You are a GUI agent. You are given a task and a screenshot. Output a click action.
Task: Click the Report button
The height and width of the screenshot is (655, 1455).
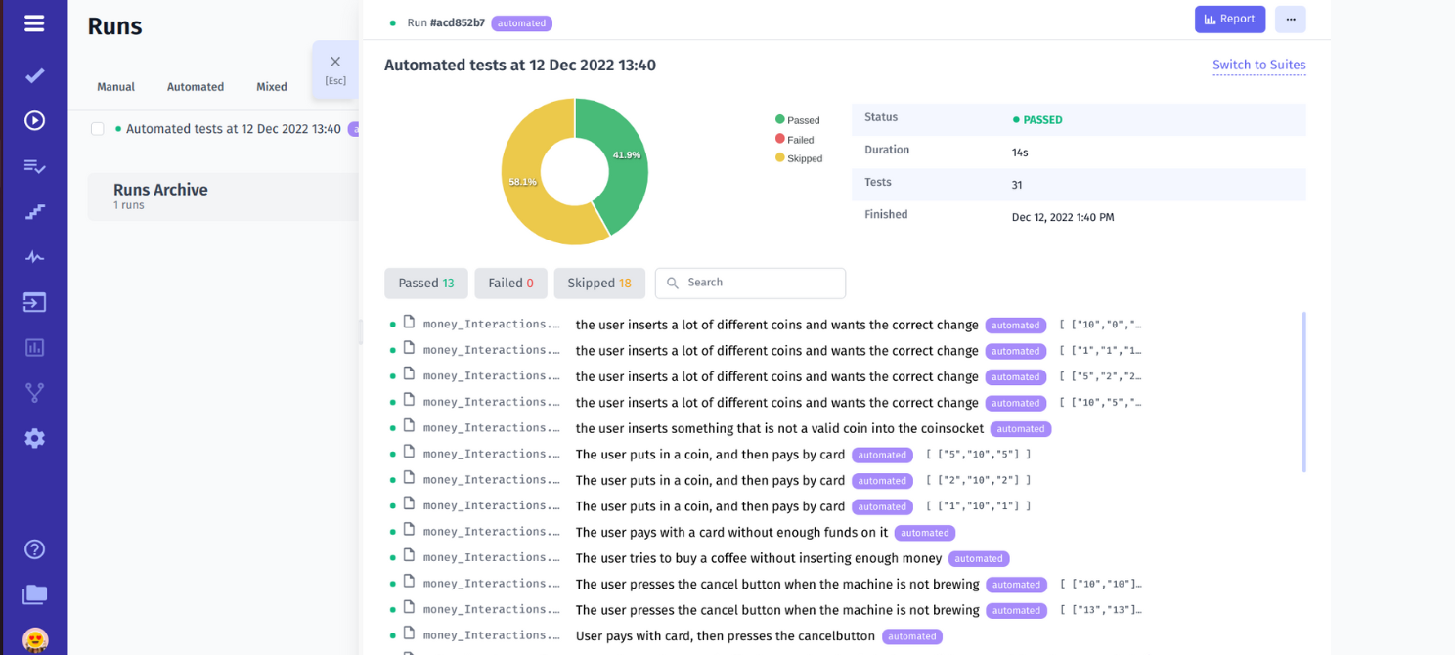pos(1229,20)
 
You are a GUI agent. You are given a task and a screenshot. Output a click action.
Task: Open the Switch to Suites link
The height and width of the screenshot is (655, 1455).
pos(1258,65)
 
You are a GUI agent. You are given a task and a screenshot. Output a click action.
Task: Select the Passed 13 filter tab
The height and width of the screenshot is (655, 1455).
pos(425,284)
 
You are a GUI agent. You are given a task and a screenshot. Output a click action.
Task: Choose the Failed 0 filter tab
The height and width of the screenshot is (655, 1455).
pos(510,284)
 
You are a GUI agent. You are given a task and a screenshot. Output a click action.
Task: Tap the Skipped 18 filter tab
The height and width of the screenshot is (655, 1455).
pos(598,284)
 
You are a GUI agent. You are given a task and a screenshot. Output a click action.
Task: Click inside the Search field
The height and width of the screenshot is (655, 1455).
pos(758,284)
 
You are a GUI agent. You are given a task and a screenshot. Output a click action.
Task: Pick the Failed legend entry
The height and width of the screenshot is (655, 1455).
pos(800,140)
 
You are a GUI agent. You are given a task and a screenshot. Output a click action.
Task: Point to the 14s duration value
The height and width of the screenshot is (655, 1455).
pos(1020,153)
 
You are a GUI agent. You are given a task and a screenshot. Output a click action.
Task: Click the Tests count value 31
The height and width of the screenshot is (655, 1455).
pos(1017,185)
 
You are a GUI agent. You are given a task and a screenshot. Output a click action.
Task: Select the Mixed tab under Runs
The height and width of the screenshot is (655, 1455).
pos(272,87)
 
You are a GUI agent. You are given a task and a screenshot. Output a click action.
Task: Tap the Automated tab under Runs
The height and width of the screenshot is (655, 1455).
pos(196,87)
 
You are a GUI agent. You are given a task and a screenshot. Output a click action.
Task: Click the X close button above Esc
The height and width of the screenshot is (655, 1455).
pos(335,63)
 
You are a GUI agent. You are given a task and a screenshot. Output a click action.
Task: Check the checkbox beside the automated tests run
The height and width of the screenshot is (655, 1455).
pos(98,129)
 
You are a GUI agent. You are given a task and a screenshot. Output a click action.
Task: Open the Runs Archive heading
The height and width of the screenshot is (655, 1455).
pos(160,191)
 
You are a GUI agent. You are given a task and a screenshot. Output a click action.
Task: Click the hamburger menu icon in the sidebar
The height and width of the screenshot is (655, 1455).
pos(34,23)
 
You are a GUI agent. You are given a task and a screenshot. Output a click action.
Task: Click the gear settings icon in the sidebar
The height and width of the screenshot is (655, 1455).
pos(34,438)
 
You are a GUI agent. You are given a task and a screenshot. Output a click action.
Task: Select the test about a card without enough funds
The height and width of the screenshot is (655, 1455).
pos(731,533)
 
